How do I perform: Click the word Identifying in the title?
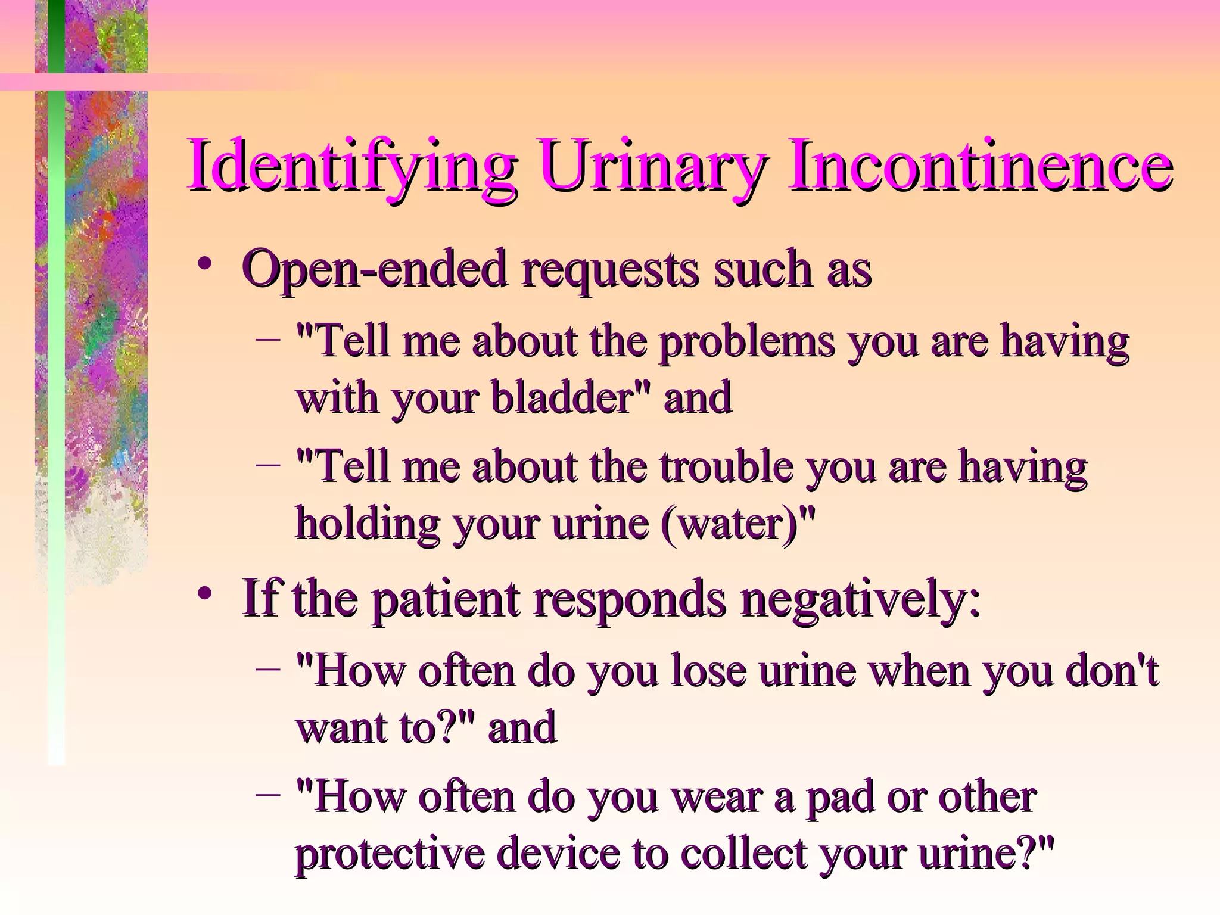[x=351, y=165]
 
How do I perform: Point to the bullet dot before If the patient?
[x=206, y=593]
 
